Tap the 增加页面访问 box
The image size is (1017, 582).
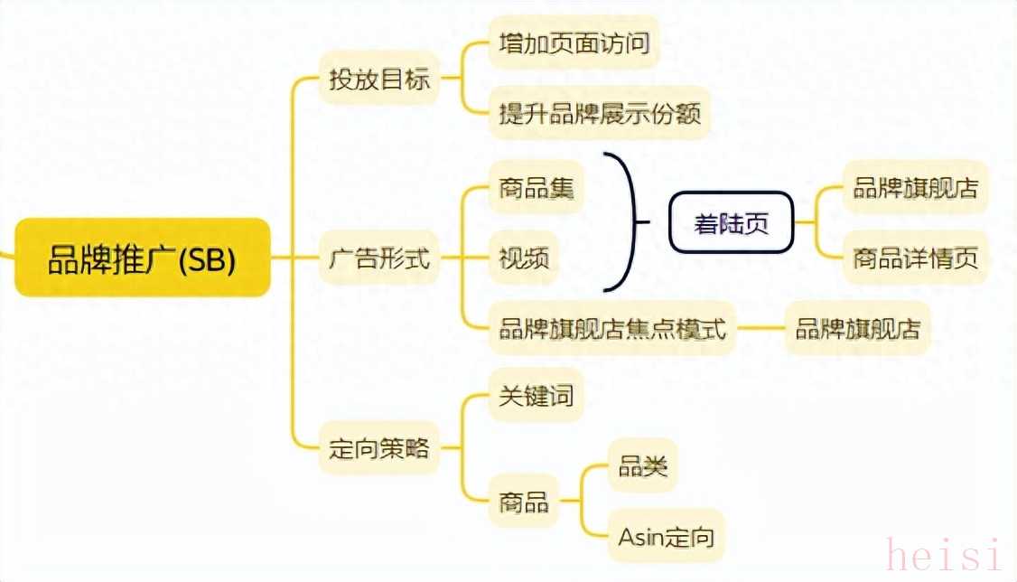coord(574,42)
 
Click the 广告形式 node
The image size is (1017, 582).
coord(378,260)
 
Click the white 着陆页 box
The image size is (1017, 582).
coord(731,222)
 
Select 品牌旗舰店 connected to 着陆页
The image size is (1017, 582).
coord(915,188)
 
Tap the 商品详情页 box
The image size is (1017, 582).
coord(915,258)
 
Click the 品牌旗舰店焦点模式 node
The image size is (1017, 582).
coord(612,328)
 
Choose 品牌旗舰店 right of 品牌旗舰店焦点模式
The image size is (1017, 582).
coord(857,328)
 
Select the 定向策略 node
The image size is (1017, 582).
coord(378,447)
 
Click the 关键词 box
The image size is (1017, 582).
coord(536,395)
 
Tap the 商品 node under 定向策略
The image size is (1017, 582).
coord(524,501)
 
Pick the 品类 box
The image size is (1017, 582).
coord(642,466)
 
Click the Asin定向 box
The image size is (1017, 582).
coord(667,537)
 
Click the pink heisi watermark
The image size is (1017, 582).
coord(944,553)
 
